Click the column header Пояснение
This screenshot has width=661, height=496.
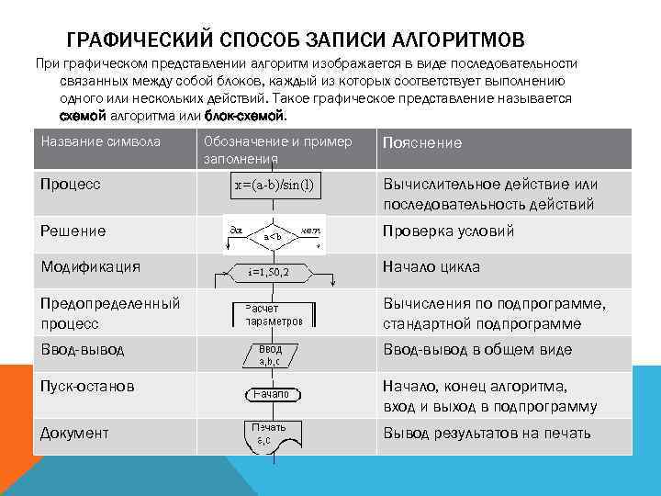click(421, 143)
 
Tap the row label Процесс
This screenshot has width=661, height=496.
click(70, 184)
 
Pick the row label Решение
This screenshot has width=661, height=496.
click(73, 231)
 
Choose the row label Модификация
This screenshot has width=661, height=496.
click(90, 266)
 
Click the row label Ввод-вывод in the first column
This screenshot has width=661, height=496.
click(82, 349)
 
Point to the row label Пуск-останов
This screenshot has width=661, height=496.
click(87, 386)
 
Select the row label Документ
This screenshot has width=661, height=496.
click(74, 433)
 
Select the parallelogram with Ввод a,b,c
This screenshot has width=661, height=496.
click(270, 355)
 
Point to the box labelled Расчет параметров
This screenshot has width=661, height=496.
click(273, 315)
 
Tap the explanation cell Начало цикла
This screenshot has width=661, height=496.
click(431, 267)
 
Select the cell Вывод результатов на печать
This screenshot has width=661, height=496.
click(487, 433)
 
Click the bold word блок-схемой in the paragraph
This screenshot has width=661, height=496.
click(245, 117)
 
